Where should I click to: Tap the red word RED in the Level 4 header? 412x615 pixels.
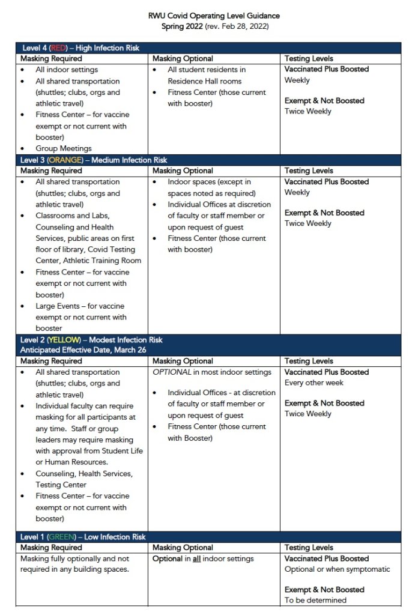[58, 48]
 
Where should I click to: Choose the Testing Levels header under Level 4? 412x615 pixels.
[309, 59]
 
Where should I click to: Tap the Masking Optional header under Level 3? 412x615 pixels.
[183, 171]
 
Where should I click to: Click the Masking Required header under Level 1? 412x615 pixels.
[51, 548]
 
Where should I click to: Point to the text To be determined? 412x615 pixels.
[315, 600]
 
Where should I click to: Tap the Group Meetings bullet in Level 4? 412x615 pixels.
[64, 148]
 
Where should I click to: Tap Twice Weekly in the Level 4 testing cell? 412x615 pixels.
[307, 111]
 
